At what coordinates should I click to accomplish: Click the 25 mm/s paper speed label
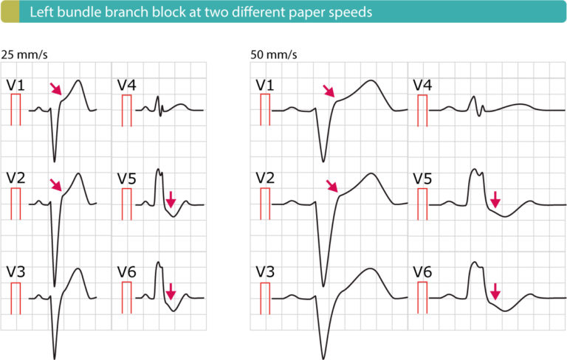tap(21, 54)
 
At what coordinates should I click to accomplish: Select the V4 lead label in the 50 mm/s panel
tap(422, 85)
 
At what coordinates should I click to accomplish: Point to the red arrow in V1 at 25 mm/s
tap(55, 89)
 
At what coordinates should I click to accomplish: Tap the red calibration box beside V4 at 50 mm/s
tap(422, 109)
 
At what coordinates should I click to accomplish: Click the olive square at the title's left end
tap(9, 12)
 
